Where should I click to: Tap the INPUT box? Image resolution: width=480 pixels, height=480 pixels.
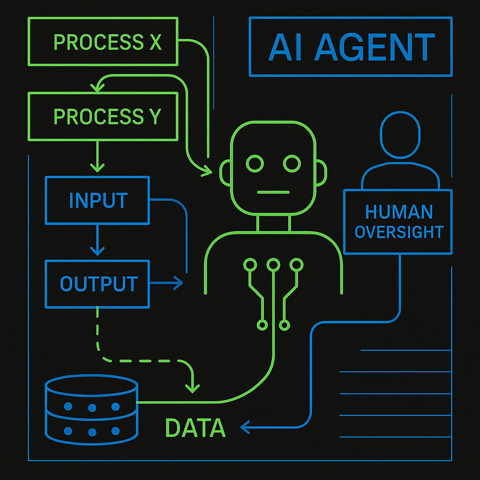coord(97,200)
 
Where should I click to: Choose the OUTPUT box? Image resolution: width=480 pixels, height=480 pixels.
coord(97,284)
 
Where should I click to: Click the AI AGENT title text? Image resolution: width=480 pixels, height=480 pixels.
coord(351,47)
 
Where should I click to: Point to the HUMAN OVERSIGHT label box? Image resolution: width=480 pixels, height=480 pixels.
coord(398,221)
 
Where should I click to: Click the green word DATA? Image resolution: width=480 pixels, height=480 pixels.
coord(195,427)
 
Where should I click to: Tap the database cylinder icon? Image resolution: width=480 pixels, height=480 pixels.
coord(91,409)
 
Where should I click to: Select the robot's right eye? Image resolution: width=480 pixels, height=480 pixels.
coord(292,164)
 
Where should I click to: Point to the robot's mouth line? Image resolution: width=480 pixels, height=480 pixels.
coord(273,192)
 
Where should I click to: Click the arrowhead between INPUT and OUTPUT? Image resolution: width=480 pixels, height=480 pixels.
coord(97,251)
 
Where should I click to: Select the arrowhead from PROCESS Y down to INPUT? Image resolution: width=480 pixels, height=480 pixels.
coord(97,166)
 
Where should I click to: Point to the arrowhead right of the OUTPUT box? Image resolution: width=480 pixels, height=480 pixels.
coord(178,283)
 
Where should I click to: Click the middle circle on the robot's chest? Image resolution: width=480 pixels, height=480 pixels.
coord(273,265)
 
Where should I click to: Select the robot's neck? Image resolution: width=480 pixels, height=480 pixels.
coord(273,224)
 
